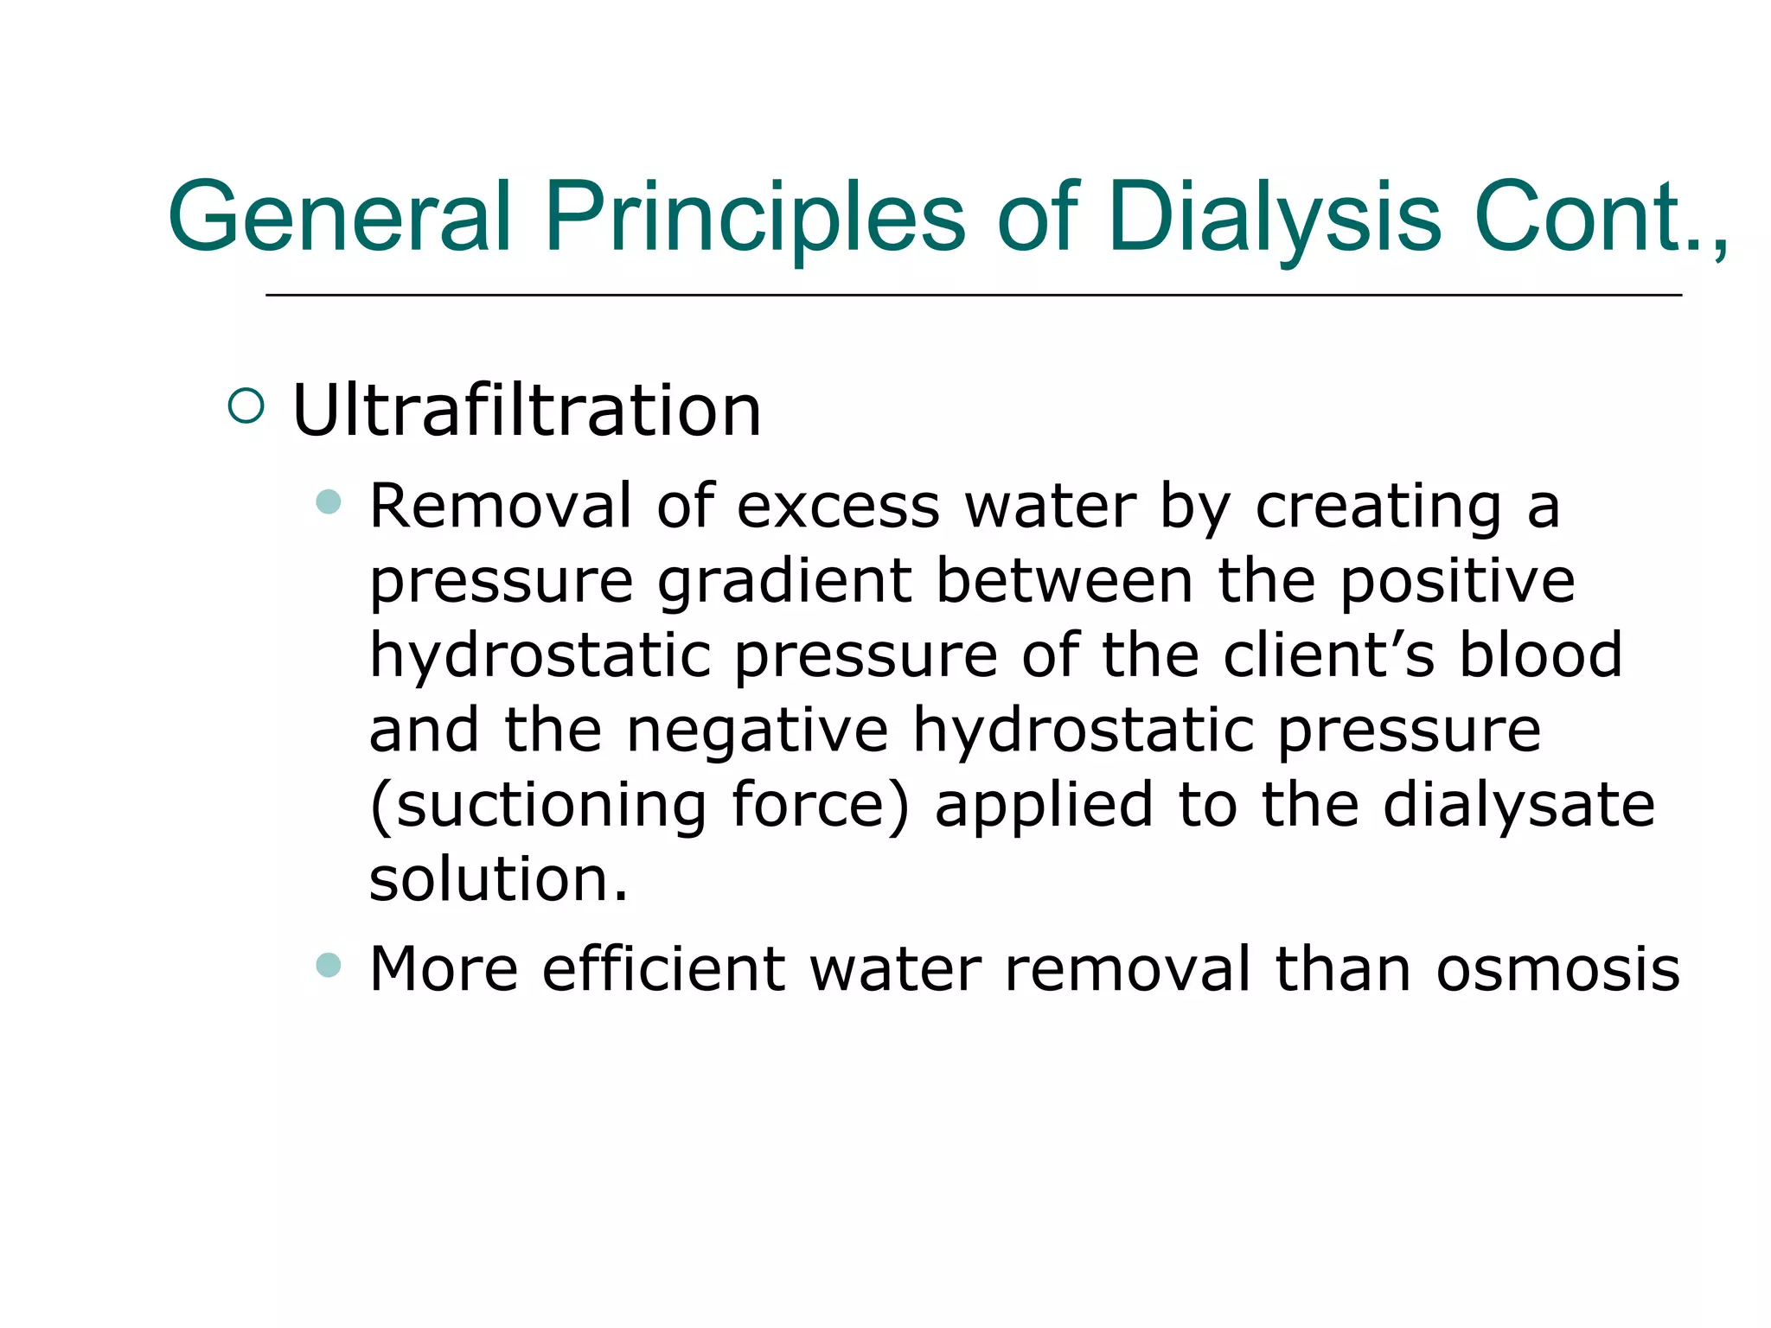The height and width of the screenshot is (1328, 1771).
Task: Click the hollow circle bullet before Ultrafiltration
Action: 246,405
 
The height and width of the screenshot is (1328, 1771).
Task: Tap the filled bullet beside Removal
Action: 329,501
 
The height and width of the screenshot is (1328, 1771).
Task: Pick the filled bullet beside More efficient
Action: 329,964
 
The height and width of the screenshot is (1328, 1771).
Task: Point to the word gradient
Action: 784,581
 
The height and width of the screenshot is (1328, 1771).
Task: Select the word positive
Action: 1457,581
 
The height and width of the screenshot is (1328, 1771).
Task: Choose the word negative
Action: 758,731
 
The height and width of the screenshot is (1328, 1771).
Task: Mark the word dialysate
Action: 1518,806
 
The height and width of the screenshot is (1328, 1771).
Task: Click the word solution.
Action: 498,879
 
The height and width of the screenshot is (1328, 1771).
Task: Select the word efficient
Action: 663,968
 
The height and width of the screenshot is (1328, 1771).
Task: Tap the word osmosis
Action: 1557,968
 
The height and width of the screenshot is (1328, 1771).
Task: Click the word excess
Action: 837,506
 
